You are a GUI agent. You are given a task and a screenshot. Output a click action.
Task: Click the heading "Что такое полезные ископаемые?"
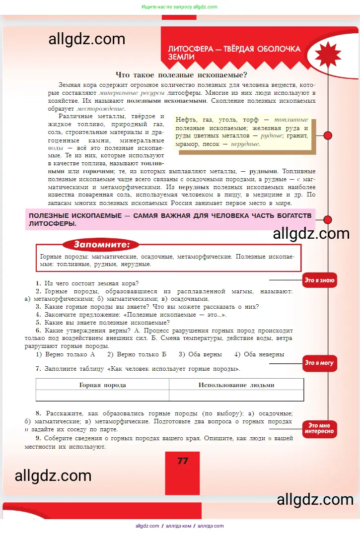181,75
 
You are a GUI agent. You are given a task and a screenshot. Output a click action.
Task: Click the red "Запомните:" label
101,244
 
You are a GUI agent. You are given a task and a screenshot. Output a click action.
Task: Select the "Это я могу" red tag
319,363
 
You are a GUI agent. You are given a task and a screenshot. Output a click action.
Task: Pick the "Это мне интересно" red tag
319,429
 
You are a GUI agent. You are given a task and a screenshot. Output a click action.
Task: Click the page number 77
183,461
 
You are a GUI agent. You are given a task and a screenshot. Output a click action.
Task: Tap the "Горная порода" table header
102,385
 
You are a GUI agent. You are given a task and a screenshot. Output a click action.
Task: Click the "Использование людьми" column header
236,385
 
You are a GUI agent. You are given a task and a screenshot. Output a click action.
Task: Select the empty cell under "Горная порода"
102,396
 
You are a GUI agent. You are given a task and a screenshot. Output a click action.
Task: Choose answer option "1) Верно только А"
65,354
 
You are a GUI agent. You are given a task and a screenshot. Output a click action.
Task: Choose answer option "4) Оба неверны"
259,354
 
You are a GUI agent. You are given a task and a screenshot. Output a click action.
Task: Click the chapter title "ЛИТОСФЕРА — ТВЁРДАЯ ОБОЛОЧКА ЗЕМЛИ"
234,53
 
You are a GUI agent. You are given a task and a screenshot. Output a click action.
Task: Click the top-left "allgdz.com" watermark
87,39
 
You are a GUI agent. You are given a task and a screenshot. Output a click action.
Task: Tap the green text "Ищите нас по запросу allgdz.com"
179,7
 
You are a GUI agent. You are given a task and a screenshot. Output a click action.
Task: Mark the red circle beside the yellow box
327,135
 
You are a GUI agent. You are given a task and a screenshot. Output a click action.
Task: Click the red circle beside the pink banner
327,219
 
